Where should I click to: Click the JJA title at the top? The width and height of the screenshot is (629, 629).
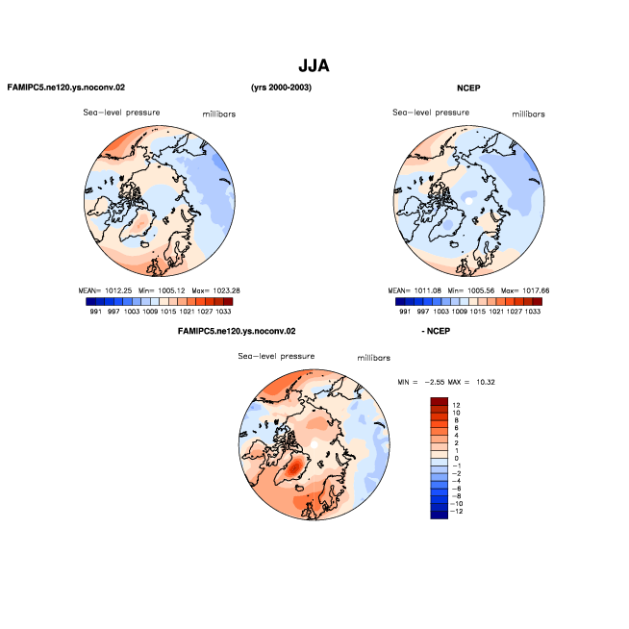point(314,65)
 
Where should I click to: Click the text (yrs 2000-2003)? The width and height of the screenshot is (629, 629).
point(281,88)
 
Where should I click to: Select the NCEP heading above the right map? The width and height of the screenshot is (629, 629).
point(468,88)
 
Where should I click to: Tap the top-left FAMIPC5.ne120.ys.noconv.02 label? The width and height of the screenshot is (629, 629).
point(66,88)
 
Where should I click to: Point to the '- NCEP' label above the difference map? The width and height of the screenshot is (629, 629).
point(436,331)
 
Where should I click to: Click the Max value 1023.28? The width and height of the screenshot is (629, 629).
point(226,290)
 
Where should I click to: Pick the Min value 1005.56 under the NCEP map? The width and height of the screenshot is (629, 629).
point(481,290)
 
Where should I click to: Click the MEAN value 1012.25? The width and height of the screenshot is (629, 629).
point(118,290)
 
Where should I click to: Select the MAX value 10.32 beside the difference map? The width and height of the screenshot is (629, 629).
point(486,382)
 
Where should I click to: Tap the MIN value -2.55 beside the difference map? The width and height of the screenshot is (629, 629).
point(435,382)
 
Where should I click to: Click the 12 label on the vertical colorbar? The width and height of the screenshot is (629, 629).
point(456,405)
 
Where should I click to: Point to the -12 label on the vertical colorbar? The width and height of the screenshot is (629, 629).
point(457,512)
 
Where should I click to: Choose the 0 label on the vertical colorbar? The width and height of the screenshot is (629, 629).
point(456,458)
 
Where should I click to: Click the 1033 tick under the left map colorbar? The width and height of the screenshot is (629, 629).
point(223,312)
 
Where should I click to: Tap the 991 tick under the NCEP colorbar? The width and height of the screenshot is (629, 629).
point(405,312)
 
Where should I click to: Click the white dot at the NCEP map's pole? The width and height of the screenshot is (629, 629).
point(468,201)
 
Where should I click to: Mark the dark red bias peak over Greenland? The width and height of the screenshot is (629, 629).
point(295,467)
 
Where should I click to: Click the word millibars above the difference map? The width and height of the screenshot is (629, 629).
point(374,358)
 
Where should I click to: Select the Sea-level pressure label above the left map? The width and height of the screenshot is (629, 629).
point(121,113)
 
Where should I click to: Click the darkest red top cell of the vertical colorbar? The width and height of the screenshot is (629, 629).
point(439,401)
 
